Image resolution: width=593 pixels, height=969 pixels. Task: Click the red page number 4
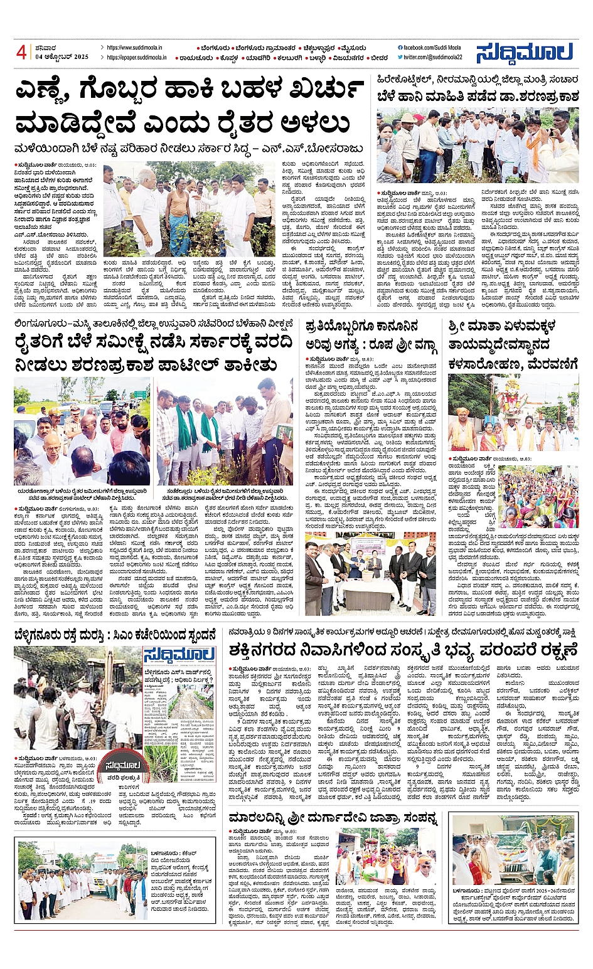(x=21, y=52)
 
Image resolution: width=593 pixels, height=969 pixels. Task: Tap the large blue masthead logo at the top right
(x=524, y=53)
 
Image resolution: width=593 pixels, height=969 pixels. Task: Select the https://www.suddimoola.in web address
(x=134, y=47)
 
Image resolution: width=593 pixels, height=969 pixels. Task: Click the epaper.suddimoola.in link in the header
(x=136, y=57)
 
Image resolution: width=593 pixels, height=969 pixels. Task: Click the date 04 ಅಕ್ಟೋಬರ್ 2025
(x=61, y=57)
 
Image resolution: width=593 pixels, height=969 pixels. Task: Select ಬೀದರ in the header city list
(x=379, y=57)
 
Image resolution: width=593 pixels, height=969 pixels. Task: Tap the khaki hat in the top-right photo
(x=409, y=117)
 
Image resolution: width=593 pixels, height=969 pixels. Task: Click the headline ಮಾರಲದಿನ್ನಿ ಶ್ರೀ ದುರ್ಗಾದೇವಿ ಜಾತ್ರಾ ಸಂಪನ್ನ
(x=333, y=818)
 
